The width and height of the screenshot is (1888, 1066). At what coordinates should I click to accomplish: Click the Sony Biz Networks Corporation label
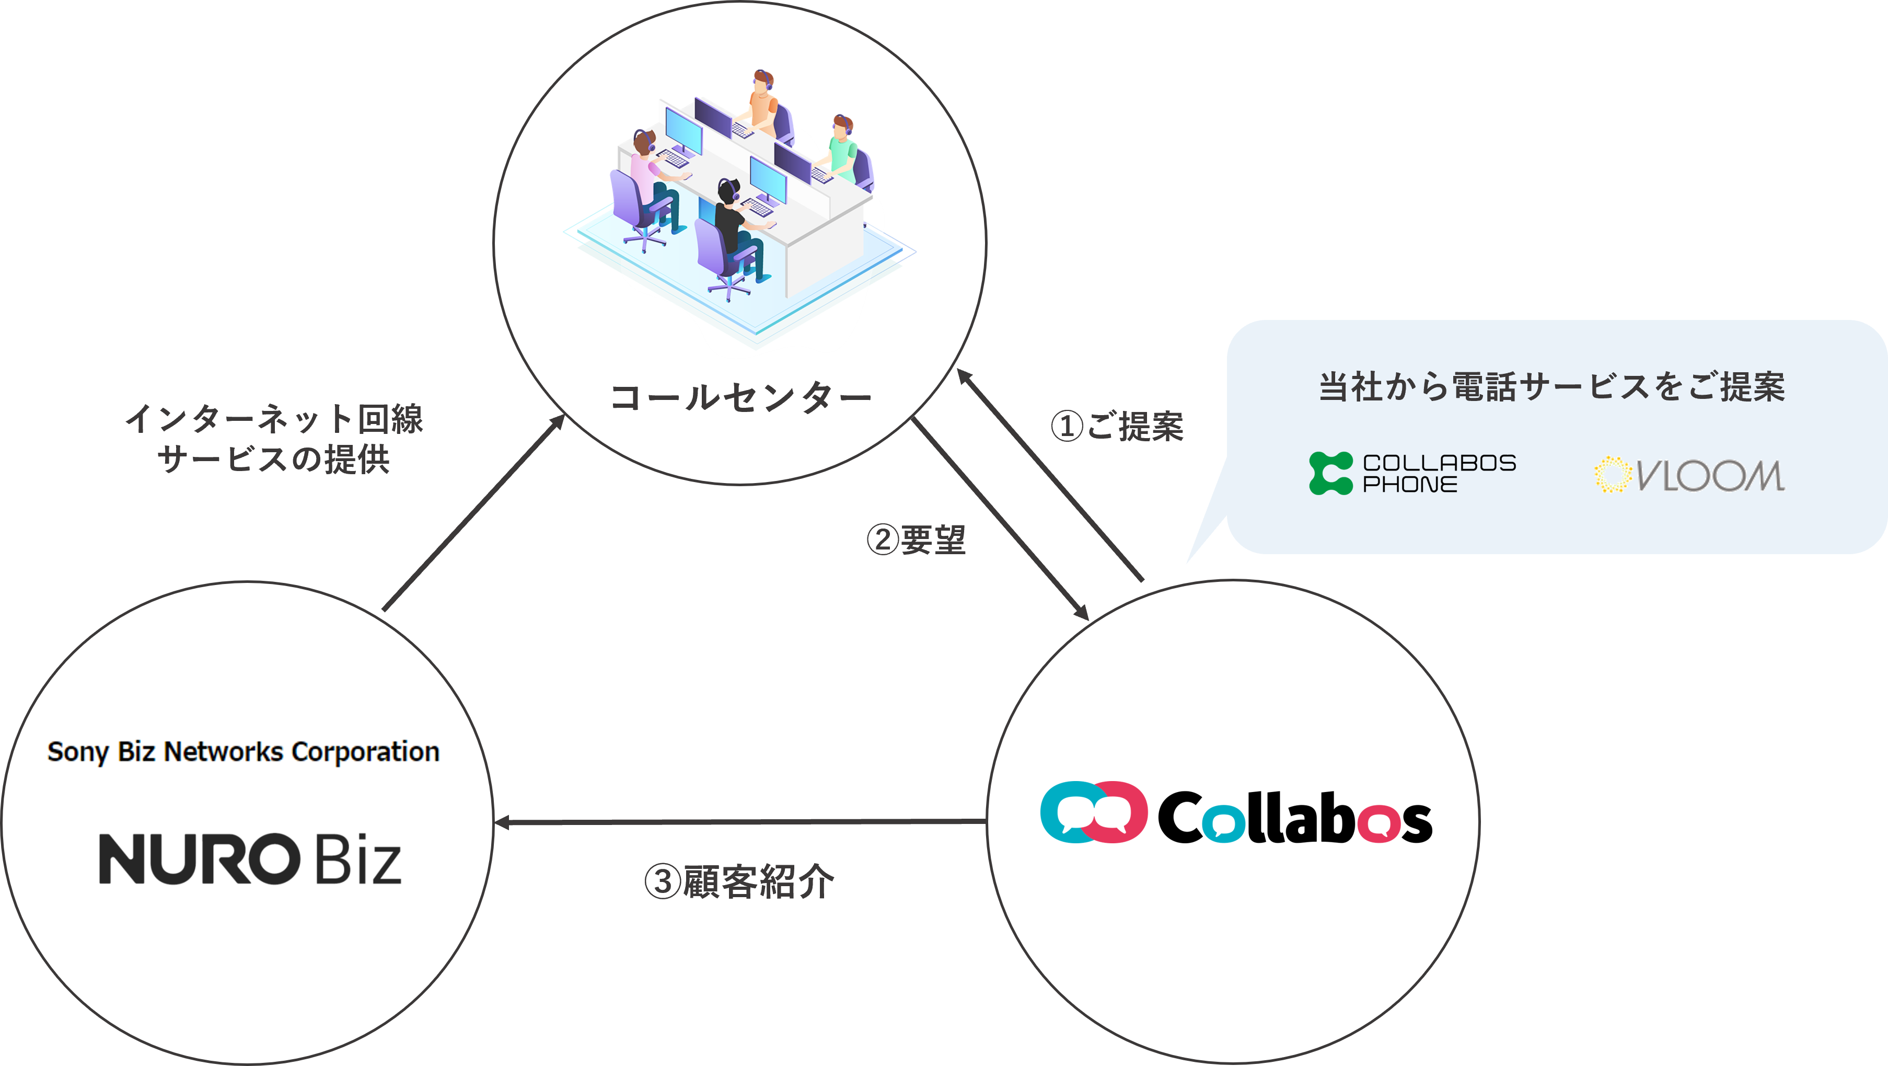point(244,751)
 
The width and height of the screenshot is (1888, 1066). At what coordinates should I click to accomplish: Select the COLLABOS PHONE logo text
point(1439,474)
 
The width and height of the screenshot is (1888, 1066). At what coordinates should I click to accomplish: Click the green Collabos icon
point(1330,474)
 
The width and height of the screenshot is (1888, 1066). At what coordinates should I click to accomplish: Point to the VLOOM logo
point(1689,475)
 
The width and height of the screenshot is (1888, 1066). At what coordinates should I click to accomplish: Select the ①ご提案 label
point(1117,426)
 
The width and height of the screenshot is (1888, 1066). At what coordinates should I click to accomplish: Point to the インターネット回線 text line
point(274,419)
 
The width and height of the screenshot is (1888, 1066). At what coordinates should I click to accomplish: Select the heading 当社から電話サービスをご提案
point(1551,387)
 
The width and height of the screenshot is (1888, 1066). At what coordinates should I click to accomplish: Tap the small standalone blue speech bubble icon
point(1223,824)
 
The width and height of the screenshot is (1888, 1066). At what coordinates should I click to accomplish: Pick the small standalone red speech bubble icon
point(1379,824)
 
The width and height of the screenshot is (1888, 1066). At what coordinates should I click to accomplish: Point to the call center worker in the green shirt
point(842,146)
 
